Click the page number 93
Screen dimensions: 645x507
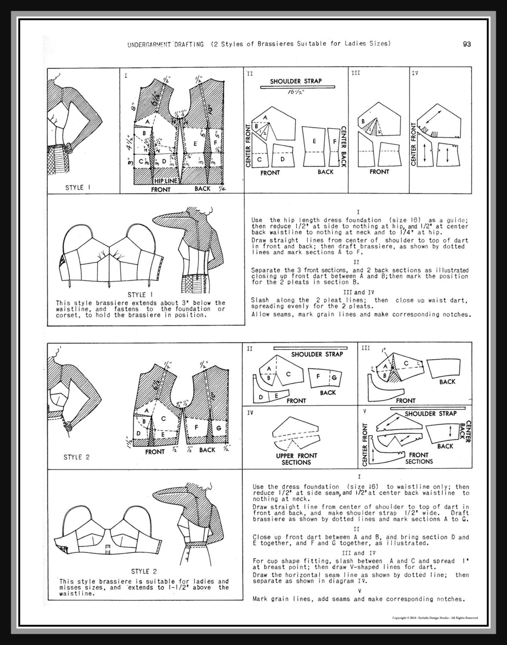467,44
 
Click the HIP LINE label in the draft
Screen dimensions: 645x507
166,181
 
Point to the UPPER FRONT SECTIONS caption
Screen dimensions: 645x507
296,459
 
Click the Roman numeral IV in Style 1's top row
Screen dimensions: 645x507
415,73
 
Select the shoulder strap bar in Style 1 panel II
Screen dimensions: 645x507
298,87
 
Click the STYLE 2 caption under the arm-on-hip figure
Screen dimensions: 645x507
77,457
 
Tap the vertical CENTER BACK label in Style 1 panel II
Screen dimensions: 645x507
343,147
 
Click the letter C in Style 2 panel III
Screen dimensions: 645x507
406,363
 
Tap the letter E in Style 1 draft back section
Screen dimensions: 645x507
195,144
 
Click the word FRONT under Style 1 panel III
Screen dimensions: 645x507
379,172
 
